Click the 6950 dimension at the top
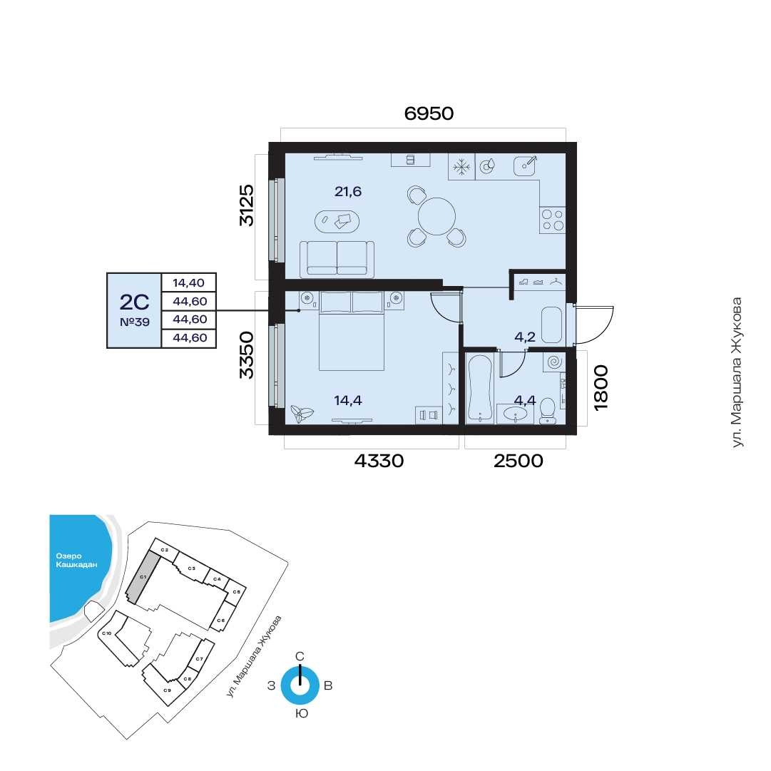tap(429, 113)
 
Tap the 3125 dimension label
tap(246, 205)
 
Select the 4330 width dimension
tap(379, 461)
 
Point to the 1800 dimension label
tap(601, 387)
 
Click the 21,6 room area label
tap(347, 191)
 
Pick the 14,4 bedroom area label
tap(347, 400)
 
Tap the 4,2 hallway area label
tap(525, 337)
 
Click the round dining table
tap(436, 216)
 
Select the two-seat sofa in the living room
tap(337, 258)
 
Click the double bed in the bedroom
tap(351, 330)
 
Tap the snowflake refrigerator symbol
tap(461, 167)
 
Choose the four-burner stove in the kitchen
tap(552, 220)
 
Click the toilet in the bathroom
tap(547, 411)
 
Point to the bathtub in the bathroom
tap(480, 388)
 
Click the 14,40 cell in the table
tap(189, 282)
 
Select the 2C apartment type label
tap(134, 302)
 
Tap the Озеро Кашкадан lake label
tap(76, 561)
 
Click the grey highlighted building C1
tap(142, 576)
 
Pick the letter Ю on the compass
tap(302, 713)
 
